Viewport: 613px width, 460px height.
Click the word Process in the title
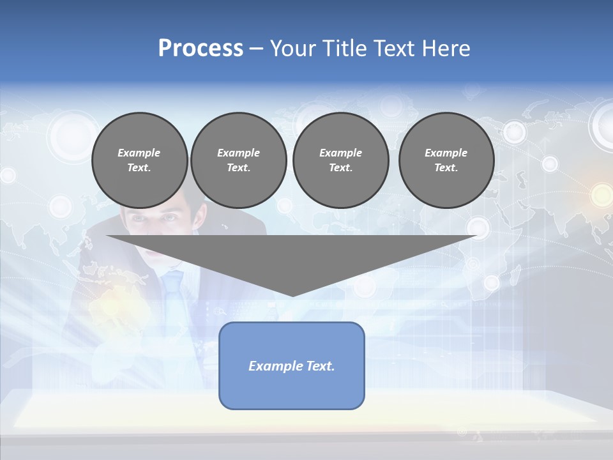[x=201, y=49]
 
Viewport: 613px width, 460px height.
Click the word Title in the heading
[x=343, y=49]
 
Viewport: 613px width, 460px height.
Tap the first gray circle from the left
[x=139, y=160]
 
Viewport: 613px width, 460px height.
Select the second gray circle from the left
[x=238, y=160]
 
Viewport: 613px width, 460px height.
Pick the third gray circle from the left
[x=340, y=160]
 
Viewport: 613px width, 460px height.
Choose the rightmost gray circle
[x=446, y=160]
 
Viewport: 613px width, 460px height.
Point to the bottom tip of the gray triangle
[x=292, y=296]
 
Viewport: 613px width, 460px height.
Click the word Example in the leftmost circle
[x=139, y=153]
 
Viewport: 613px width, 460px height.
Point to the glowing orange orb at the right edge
[x=601, y=194]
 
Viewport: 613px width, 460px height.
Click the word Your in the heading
[x=291, y=49]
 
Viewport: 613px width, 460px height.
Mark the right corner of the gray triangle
[x=476, y=236]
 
